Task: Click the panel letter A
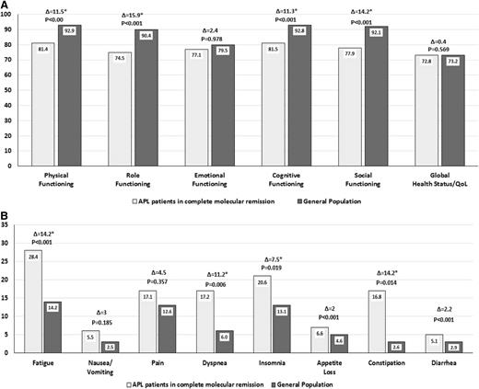6,6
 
